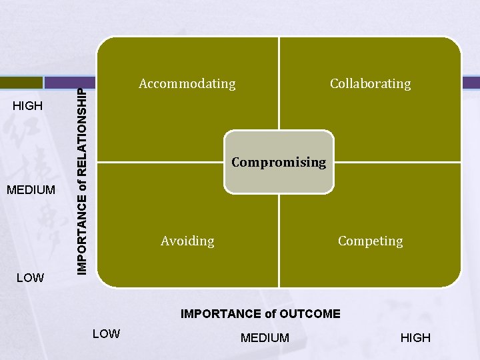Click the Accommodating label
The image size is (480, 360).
pos(187,83)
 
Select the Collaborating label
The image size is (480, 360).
pos(370,83)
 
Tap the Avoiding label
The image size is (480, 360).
pos(187,241)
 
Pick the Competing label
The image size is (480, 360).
pos(370,241)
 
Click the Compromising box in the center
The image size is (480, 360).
pos(279,162)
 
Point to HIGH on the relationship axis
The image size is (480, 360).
pos(28,106)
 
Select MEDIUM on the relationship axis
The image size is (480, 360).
pos(31,190)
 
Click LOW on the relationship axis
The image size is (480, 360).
pos(29,277)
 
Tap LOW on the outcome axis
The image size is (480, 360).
pos(106,333)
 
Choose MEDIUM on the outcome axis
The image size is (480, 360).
pos(265,338)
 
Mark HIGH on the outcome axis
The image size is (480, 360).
pos(415,338)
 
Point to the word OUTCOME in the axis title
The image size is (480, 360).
pos(309,314)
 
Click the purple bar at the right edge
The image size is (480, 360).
pos(471,82)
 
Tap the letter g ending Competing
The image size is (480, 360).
pos(399,242)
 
